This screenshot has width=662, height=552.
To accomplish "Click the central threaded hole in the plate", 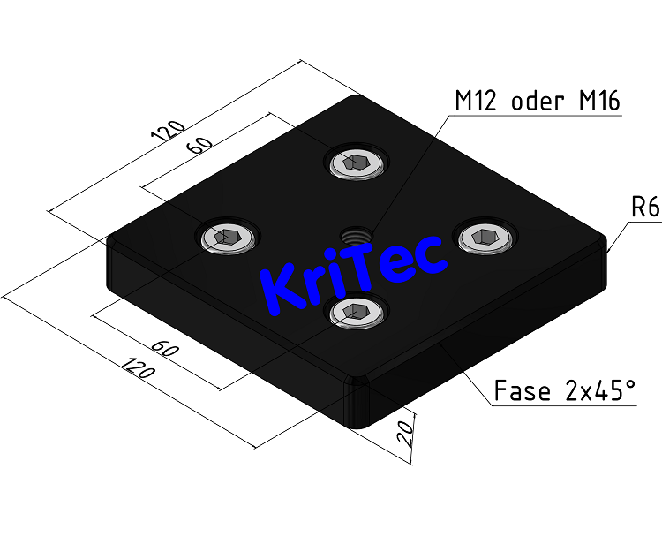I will pos(355,236).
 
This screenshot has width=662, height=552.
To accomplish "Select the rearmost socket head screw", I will pos(357,163).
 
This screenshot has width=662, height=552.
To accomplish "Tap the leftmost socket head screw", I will pos(227,237).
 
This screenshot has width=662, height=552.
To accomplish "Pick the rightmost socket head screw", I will pos(483,236).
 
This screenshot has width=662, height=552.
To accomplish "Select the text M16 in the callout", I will pos(599,101).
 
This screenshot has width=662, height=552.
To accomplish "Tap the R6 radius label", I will pos(645,208).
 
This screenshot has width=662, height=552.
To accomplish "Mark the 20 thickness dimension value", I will pos(405,435).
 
